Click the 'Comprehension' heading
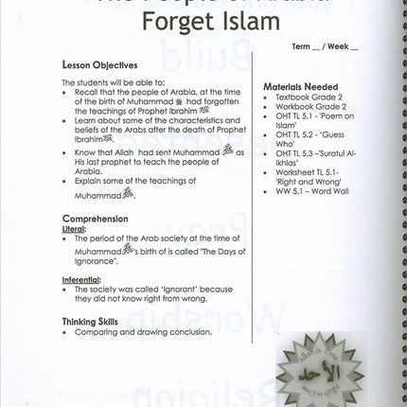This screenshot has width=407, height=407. (96, 218)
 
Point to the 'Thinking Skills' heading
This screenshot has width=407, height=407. (91, 322)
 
